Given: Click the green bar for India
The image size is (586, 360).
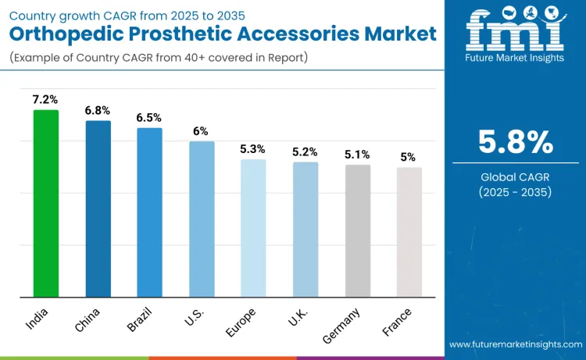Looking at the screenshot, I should pos(45,203).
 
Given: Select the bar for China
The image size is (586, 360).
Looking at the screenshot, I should pos(98,209).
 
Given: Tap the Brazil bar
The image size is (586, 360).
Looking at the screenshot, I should pos(149,212).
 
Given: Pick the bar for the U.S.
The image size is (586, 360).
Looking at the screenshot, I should pos(202,219).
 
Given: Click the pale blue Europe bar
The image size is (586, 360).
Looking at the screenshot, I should pos(253,228).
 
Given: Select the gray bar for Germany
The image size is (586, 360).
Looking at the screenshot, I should pos(357,230).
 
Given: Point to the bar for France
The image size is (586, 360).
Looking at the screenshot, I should pos(409,232).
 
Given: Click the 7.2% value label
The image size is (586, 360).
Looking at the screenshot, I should pos(45,99).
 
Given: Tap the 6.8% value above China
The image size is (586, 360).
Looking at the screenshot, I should pos(98,110).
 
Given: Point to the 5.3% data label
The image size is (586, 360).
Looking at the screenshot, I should pos(253,148).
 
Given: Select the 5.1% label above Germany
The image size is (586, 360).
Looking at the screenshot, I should pos(357,154).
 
